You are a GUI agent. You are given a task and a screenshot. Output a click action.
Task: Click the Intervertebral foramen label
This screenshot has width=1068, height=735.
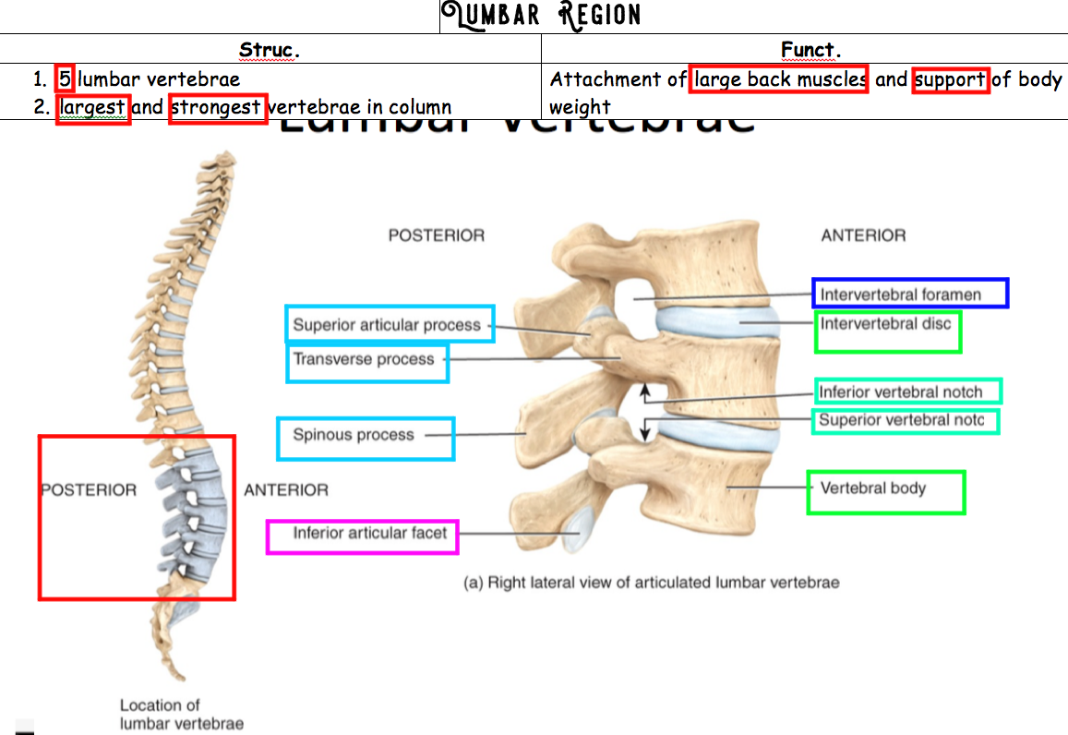900,295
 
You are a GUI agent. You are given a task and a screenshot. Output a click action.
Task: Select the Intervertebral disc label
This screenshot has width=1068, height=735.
885,324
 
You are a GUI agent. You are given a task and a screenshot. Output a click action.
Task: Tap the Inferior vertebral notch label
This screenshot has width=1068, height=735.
901,392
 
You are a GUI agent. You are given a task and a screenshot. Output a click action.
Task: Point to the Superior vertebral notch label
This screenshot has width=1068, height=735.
901,421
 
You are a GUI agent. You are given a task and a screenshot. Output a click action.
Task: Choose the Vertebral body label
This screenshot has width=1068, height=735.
873,488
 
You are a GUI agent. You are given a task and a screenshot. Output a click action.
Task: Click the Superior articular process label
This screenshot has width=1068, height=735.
387,325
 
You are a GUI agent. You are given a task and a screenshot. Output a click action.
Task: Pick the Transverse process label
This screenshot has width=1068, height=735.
364,359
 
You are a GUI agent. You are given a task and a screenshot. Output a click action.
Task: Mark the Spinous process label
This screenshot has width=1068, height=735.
354,435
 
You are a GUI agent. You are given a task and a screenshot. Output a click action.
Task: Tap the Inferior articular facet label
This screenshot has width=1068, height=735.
369,533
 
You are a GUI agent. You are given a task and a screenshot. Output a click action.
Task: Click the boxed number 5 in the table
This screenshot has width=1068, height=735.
65,79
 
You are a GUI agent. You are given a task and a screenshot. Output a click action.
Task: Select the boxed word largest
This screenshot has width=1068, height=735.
92,108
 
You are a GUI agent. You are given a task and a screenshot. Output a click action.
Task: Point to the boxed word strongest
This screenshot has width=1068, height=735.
218,108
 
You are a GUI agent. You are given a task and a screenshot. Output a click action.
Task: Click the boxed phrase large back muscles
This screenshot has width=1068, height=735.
779,80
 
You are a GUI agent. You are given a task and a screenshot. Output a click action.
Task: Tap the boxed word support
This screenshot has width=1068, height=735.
951,80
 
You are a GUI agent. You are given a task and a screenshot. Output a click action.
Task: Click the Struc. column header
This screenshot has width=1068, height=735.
270,50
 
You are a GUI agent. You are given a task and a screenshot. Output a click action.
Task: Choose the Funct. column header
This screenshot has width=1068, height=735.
810,50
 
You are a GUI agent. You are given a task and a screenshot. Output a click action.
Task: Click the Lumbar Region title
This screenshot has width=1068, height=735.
540,16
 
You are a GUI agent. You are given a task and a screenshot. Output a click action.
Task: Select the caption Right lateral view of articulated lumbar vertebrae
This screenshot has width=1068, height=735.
651,583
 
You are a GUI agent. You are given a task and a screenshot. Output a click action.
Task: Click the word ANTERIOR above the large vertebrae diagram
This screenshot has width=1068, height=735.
863,235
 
